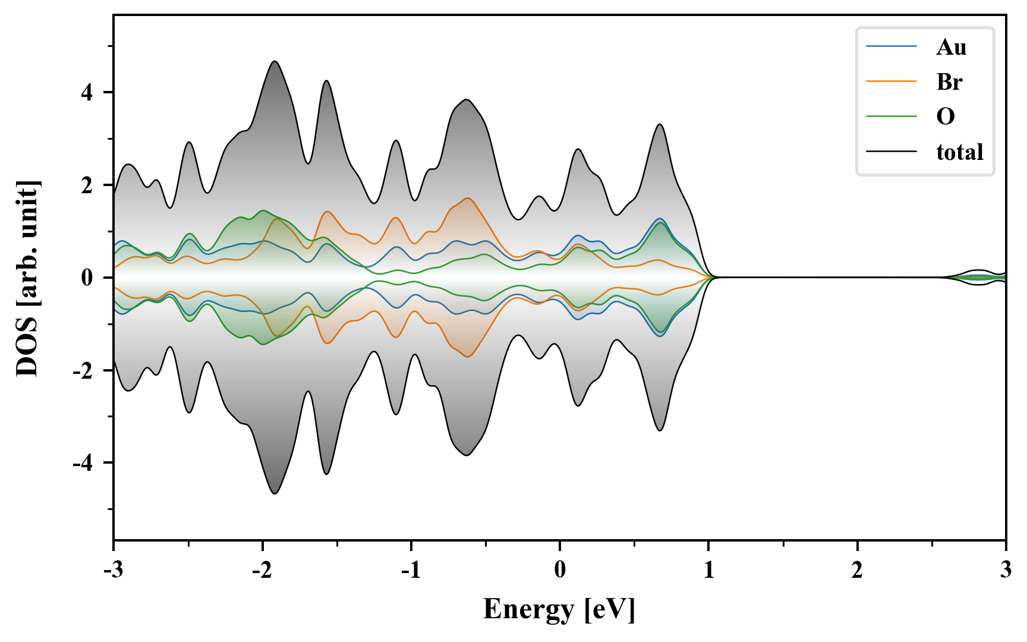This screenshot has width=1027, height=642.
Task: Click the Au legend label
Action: (951, 47)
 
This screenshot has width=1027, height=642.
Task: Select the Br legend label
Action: (949, 82)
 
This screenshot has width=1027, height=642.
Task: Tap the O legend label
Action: (946, 117)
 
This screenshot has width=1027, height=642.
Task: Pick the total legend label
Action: (960, 152)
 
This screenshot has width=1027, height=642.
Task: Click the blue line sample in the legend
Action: (891, 47)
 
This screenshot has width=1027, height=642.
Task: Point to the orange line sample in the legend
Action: (891, 82)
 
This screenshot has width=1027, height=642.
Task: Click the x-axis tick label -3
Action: (114, 570)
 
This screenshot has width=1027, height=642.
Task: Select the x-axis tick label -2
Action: (262, 570)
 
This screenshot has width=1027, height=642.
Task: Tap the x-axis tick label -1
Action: (411, 570)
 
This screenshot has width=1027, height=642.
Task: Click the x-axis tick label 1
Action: (708, 570)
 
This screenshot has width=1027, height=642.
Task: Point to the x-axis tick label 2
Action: (857, 570)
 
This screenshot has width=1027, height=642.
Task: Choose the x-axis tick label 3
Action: (1006, 570)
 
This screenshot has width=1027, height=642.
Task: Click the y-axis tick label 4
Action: (87, 93)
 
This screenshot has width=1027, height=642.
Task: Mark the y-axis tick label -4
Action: (84, 463)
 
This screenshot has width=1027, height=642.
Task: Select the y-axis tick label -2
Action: (84, 371)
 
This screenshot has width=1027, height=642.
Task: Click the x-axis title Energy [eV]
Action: (559, 609)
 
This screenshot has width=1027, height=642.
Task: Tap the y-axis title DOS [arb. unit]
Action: (27, 278)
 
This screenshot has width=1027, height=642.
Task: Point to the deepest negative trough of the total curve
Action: (275, 493)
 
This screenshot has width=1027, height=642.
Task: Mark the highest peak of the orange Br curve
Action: (468, 198)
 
